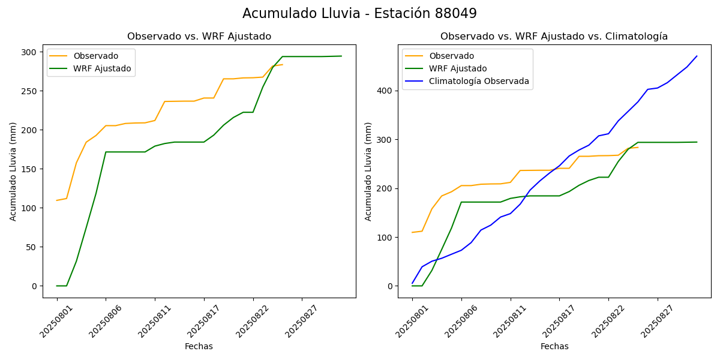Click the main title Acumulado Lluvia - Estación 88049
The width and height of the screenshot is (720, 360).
[359, 14]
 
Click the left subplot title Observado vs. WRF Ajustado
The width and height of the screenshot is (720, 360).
[199, 37]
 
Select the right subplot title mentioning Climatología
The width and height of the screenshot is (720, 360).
[554, 37]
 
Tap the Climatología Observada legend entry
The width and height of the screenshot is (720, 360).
[479, 81]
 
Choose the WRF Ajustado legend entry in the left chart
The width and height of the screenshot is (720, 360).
[102, 68]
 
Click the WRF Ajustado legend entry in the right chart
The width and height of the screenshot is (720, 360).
[457, 68]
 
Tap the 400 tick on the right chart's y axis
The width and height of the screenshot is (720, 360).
[385, 91]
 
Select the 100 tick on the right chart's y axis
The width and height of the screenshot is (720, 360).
[385, 238]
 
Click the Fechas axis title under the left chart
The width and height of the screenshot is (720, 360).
[199, 346]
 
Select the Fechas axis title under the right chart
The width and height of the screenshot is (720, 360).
[554, 346]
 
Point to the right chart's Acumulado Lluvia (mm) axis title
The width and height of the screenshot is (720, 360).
[369, 171]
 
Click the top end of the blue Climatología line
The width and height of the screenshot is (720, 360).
[697, 56]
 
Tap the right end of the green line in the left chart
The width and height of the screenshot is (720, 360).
[341, 56]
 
